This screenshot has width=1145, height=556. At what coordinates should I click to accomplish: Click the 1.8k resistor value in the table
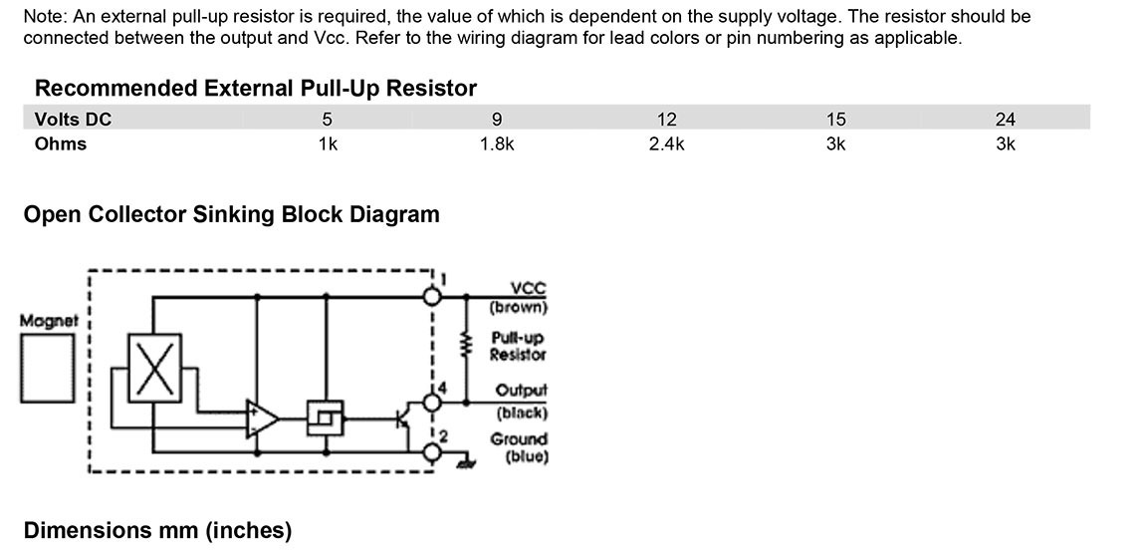[496, 143]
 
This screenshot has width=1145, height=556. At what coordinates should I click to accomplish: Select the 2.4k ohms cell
[666, 143]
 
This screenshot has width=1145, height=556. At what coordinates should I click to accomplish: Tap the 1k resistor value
[327, 143]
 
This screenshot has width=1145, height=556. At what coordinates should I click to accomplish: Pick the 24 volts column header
[1005, 120]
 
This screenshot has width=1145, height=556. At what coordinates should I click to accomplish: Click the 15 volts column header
[835, 120]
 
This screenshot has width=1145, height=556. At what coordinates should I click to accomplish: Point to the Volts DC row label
[73, 120]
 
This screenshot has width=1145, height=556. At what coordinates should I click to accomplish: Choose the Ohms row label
[61, 143]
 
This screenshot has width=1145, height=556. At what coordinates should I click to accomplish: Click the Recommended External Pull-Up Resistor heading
[256, 88]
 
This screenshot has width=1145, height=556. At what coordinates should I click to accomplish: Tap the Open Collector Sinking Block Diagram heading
[231, 214]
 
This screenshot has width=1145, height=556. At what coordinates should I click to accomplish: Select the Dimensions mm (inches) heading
[157, 530]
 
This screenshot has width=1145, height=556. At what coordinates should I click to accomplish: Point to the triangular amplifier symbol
[263, 417]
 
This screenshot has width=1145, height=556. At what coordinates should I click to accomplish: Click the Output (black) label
[520, 401]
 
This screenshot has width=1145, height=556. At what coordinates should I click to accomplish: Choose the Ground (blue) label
[518, 447]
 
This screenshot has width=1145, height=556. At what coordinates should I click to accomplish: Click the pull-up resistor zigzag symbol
[463, 346]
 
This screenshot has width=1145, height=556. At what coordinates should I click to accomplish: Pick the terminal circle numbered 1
[432, 296]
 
